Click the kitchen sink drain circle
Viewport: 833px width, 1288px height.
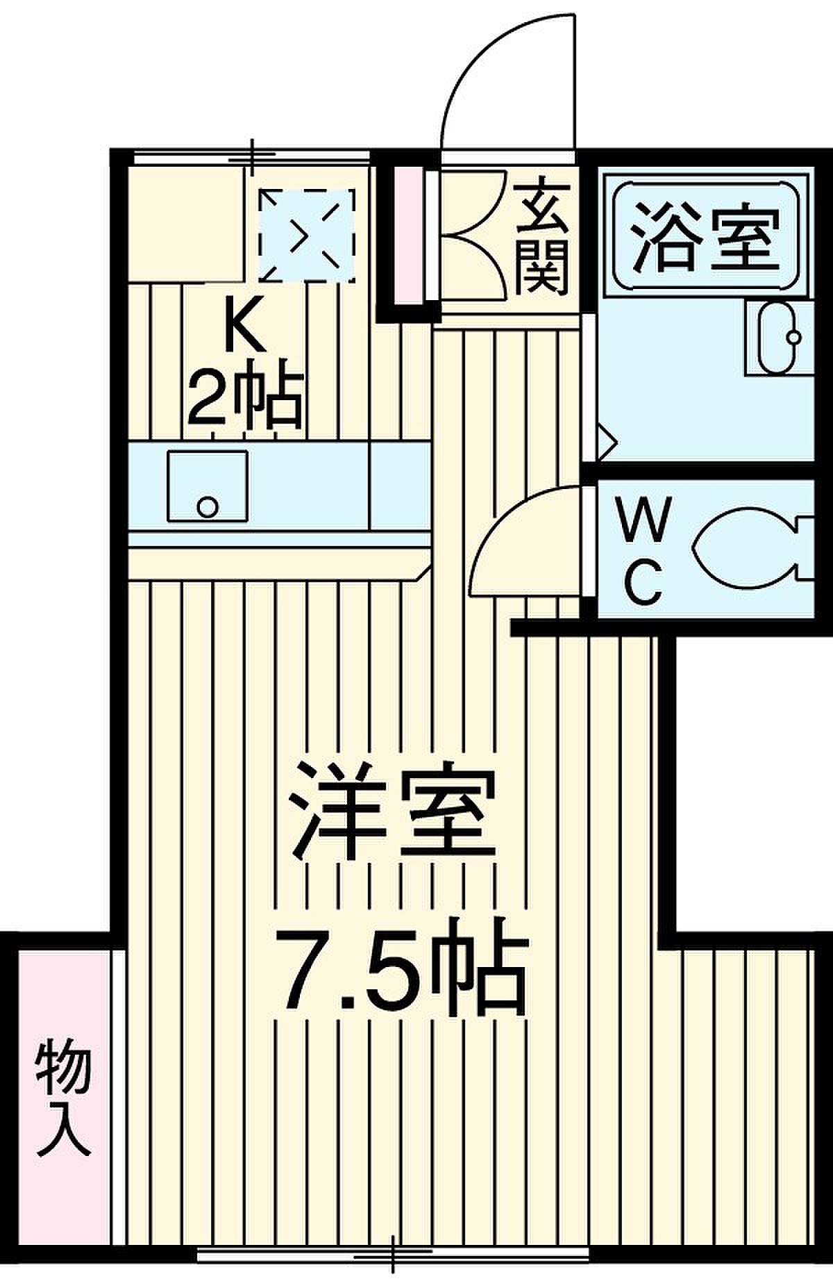pos(207,506)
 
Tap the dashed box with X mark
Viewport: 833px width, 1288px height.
pos(306,236)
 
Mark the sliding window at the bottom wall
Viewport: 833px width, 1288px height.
pos(392,1234)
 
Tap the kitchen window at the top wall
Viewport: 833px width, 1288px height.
pos(251,157)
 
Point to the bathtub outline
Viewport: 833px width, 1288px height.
pos(706,237)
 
